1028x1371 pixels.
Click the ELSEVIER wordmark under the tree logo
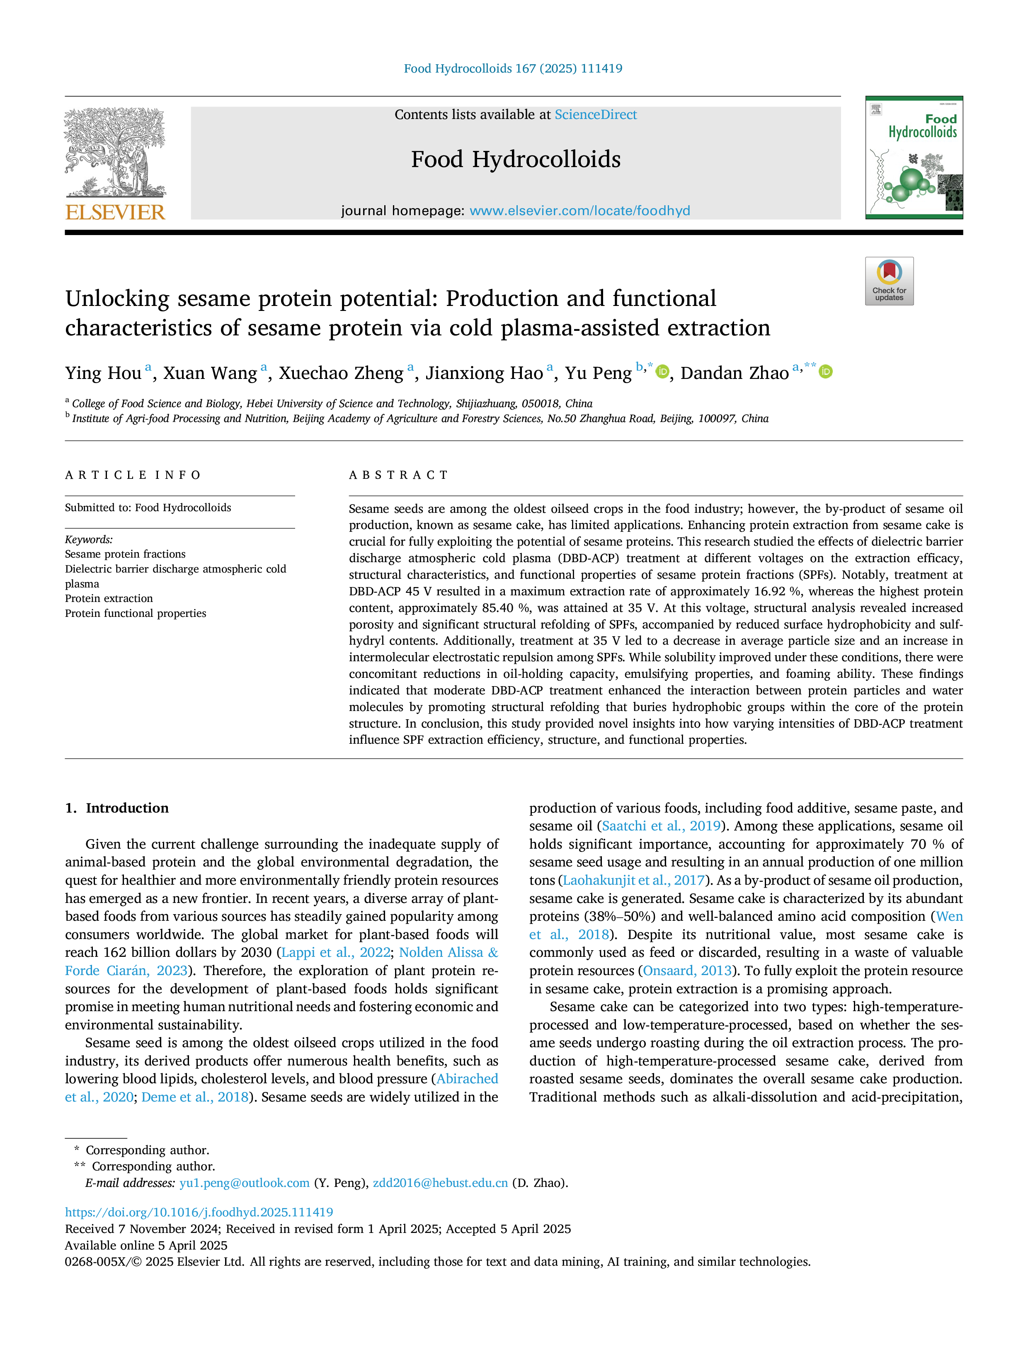[115, 212]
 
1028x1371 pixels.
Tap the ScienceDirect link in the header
[596, 115]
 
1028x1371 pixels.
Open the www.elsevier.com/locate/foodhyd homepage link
[579, 211]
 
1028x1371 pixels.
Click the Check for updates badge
[889, 281]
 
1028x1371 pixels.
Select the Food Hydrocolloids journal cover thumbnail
[914, 158]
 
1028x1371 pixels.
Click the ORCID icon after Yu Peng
[662, 372]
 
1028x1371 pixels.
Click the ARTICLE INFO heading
[133, 476]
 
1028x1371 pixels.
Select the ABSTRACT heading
[398, 476]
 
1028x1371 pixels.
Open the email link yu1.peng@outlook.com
[244, 1183]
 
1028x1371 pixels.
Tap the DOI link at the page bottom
[199, 1212]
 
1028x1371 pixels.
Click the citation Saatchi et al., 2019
[661, 826]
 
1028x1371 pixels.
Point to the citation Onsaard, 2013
[687, 971]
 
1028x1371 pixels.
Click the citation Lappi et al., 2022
[336, 953]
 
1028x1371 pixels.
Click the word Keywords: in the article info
[89, 540]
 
